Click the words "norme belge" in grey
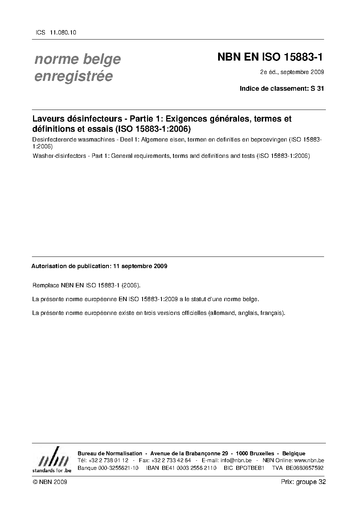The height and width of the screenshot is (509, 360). tap(77, 59)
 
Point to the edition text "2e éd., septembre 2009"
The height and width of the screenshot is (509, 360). tap(292, 72)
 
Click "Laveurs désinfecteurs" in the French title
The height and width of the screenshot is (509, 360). tap(75, 119)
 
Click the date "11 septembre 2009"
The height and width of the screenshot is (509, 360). tap(140, 266)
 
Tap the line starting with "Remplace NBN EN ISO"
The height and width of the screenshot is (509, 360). tap(86, 286)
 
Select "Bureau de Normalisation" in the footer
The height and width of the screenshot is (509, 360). tap(110, 453)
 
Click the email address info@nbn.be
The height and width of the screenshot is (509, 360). tap(236, 460)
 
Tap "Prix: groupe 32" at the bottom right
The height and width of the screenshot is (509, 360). tap(303, 482)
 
